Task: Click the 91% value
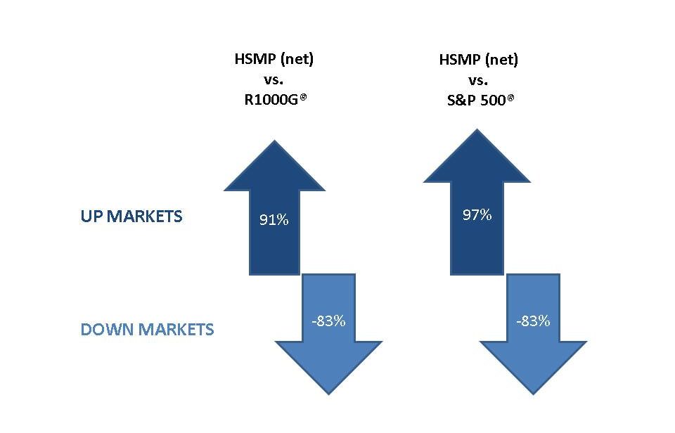[x=274, y=220]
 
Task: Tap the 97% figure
[x=477, y=215]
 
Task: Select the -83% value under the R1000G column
[x=328, y=321]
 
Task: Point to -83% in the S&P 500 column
[x=533, y=321]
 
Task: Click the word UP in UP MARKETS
[x=91, y=216]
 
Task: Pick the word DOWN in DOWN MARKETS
[x=108, y=330]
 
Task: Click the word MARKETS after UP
[x=144, y=216]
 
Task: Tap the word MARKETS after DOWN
[x=176, y=330]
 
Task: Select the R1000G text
[x=271, y=100]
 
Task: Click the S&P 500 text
[x=476, y=101]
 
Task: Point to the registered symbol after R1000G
[x=303, y=97]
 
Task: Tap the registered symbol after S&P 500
[x=510, y=98]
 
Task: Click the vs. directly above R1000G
[x=274, y=80]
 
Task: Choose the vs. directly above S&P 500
[x=478, y=81]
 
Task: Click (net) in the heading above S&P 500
[x=501, y=60]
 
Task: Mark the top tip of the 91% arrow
[x=274, y=141]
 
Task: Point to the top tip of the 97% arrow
[x=477, y=129]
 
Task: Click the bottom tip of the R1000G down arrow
[x=329, y=394]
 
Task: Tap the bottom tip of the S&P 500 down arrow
[x=534, y=394]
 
